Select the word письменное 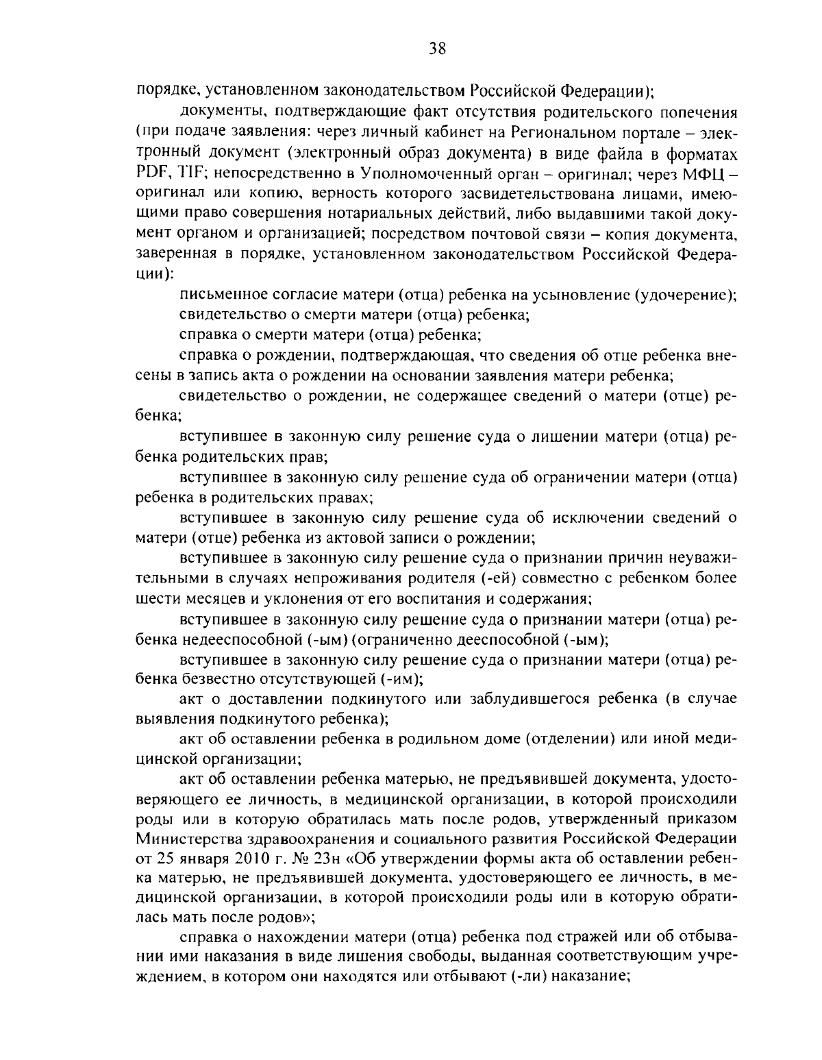click(x=226, y=295)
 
